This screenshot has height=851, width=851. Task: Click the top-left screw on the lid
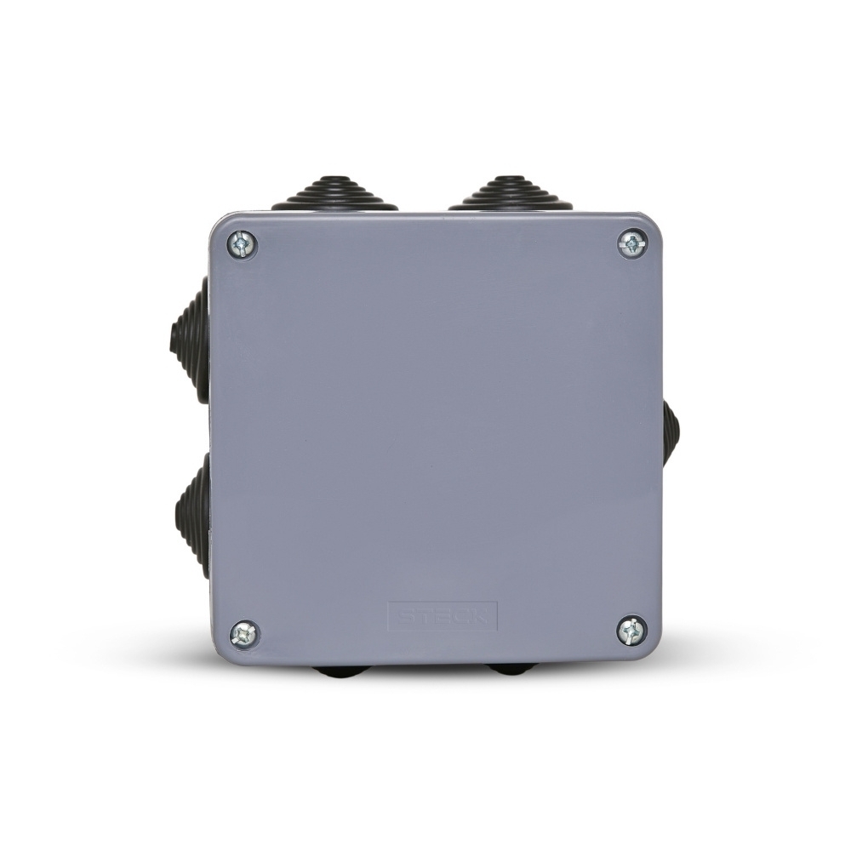243,245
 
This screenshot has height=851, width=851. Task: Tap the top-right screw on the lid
631,245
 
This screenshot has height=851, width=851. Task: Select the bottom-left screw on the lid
244,633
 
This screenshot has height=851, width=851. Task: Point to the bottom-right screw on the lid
631,631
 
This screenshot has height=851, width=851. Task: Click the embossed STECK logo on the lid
442,615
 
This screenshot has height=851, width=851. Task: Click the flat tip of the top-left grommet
335,179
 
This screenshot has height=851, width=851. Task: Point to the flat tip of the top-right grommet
511,178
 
